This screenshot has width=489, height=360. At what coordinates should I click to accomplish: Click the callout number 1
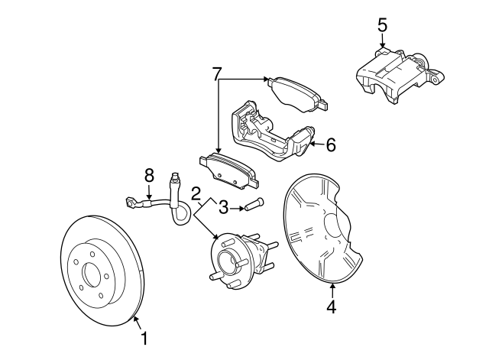click(x=141, y=336)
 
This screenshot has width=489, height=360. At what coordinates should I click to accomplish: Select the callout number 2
click(x=196, y=194)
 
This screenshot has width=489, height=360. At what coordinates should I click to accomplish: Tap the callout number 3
click(x=224, y=206)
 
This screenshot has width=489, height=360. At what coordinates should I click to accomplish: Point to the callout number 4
click(x=331, y=306)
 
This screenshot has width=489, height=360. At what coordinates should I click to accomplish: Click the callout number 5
click(x=382, y=24)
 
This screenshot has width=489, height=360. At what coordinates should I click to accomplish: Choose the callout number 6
click(x=330, y=144)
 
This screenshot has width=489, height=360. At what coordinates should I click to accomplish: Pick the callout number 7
click(x=217, y=74)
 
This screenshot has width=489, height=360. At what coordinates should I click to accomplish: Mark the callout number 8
click(x=150, y=176)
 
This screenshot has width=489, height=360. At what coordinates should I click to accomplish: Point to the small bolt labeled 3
click(x=253, y=204)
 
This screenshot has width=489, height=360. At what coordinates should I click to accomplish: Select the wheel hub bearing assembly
click(x=233, y=260)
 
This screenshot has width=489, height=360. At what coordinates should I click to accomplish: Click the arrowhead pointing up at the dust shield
click(x=333, y=286)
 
